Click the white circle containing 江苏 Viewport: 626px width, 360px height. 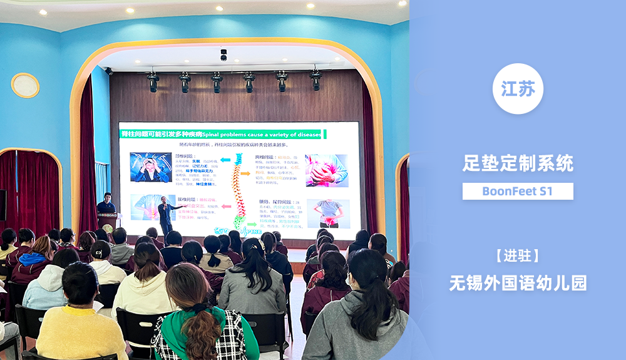coord(518,89)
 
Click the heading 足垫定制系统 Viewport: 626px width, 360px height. coord(518,164)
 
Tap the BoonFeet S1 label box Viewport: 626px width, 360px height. coord(518,191)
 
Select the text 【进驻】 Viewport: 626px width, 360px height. coord(518,255)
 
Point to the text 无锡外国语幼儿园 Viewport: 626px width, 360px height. coord(518,283)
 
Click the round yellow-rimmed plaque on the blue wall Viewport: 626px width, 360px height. coord(25,85)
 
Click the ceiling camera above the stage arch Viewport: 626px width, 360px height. coord(223,55)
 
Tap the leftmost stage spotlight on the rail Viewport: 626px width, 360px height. coord(153,81)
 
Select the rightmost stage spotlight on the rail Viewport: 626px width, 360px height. coord(316,80)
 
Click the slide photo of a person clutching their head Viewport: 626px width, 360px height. coord(150,167)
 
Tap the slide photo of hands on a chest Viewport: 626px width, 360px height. coord(326,170)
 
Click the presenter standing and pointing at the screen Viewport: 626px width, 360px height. coord(165,215)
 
